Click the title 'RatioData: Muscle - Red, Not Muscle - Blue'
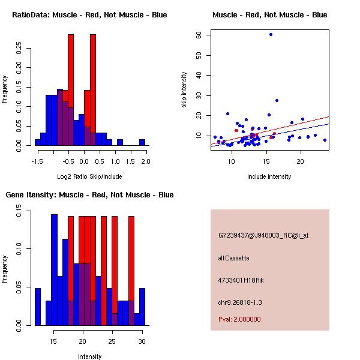[90, 14]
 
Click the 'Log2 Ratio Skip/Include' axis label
[90, 176]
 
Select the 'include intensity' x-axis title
[269, 176]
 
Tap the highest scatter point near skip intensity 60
[271, 34]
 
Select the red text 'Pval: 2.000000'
[240, 319]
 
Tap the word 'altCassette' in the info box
[234, 258]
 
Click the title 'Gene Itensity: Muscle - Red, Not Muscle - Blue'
[90, 195]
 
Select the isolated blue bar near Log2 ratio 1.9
[142, 142]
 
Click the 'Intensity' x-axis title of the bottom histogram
[90, 356]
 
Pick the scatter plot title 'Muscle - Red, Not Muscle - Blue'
[270, 14]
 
